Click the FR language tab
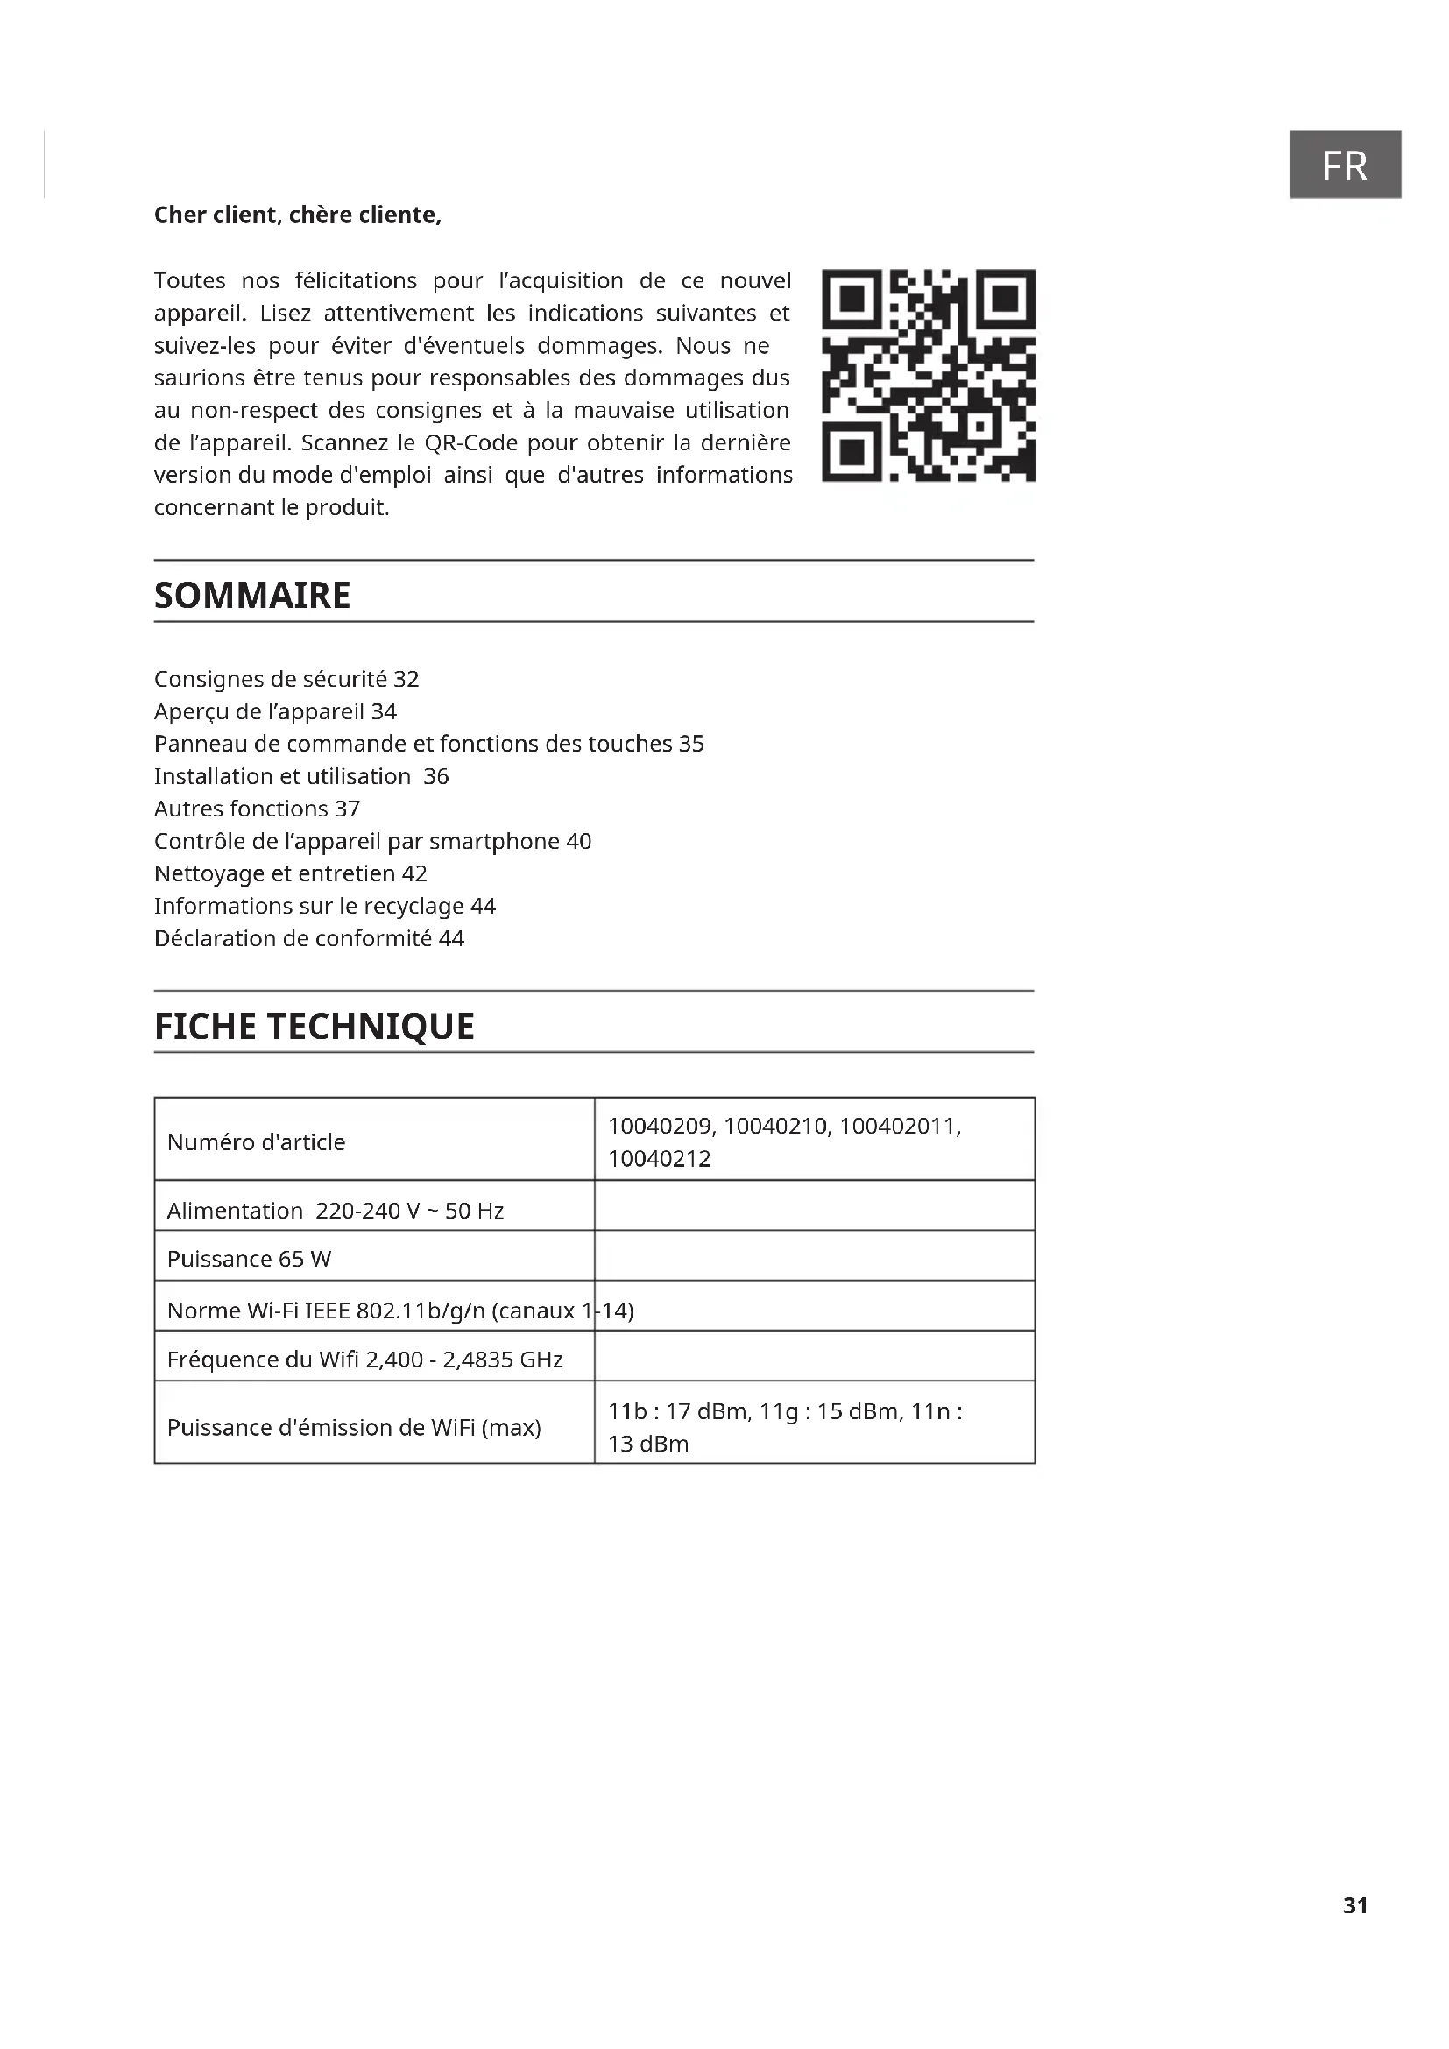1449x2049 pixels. click(1344, 165)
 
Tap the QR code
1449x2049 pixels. click(928, 376)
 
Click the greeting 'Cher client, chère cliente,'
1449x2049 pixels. click(297, 215)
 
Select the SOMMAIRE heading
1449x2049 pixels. click(252, 595)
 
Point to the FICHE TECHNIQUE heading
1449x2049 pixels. click(315, 1027)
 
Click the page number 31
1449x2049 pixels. click(1354, 1905)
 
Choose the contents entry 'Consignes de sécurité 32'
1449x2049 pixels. click(286, 679)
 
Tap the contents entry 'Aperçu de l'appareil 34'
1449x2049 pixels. click(275, 711)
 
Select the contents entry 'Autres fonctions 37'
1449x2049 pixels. click(257, 809)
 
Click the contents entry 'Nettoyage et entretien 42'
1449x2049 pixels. click(290, 873)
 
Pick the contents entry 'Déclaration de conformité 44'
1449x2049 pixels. click(308, 939)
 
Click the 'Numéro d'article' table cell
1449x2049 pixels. click(256, 1142)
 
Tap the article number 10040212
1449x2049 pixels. click(660, 1159)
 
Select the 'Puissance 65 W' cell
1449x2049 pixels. click(249, 1259)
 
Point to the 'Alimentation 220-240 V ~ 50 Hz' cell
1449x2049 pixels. click(336, 1211)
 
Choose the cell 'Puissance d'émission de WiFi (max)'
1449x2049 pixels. click(354, 1428)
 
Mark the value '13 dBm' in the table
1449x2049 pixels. click(648, 1444)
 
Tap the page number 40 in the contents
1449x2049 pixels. click(579, 842)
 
